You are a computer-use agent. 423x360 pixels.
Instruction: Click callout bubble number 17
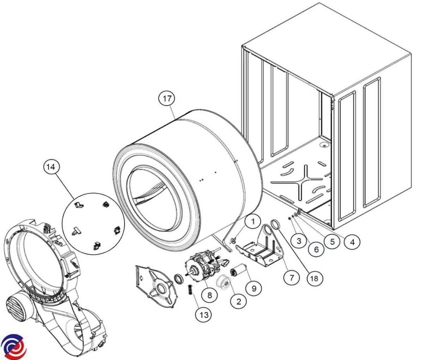click(x=167, y=99)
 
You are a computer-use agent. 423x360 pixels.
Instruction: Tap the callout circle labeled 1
click(x=253, y=222)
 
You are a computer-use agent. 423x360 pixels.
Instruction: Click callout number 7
click(x=292, y=278)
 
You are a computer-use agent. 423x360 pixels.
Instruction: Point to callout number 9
click(x=254, y=288)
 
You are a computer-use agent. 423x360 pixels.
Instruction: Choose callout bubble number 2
click(x=239, y=301)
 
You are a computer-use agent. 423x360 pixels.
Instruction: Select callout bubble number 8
click(x=209, y=295)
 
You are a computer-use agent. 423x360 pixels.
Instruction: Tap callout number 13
click(x=204, y=315)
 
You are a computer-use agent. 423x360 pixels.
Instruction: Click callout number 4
click(x=352, y=243)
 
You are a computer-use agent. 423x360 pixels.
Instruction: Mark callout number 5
click(x=332, y=242)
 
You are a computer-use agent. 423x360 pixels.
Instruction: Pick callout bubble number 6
click(x=317, y=250)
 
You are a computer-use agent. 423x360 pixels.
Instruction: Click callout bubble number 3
click(x=299, y=241)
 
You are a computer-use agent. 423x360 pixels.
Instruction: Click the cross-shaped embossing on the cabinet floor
click(x=300, y=183)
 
